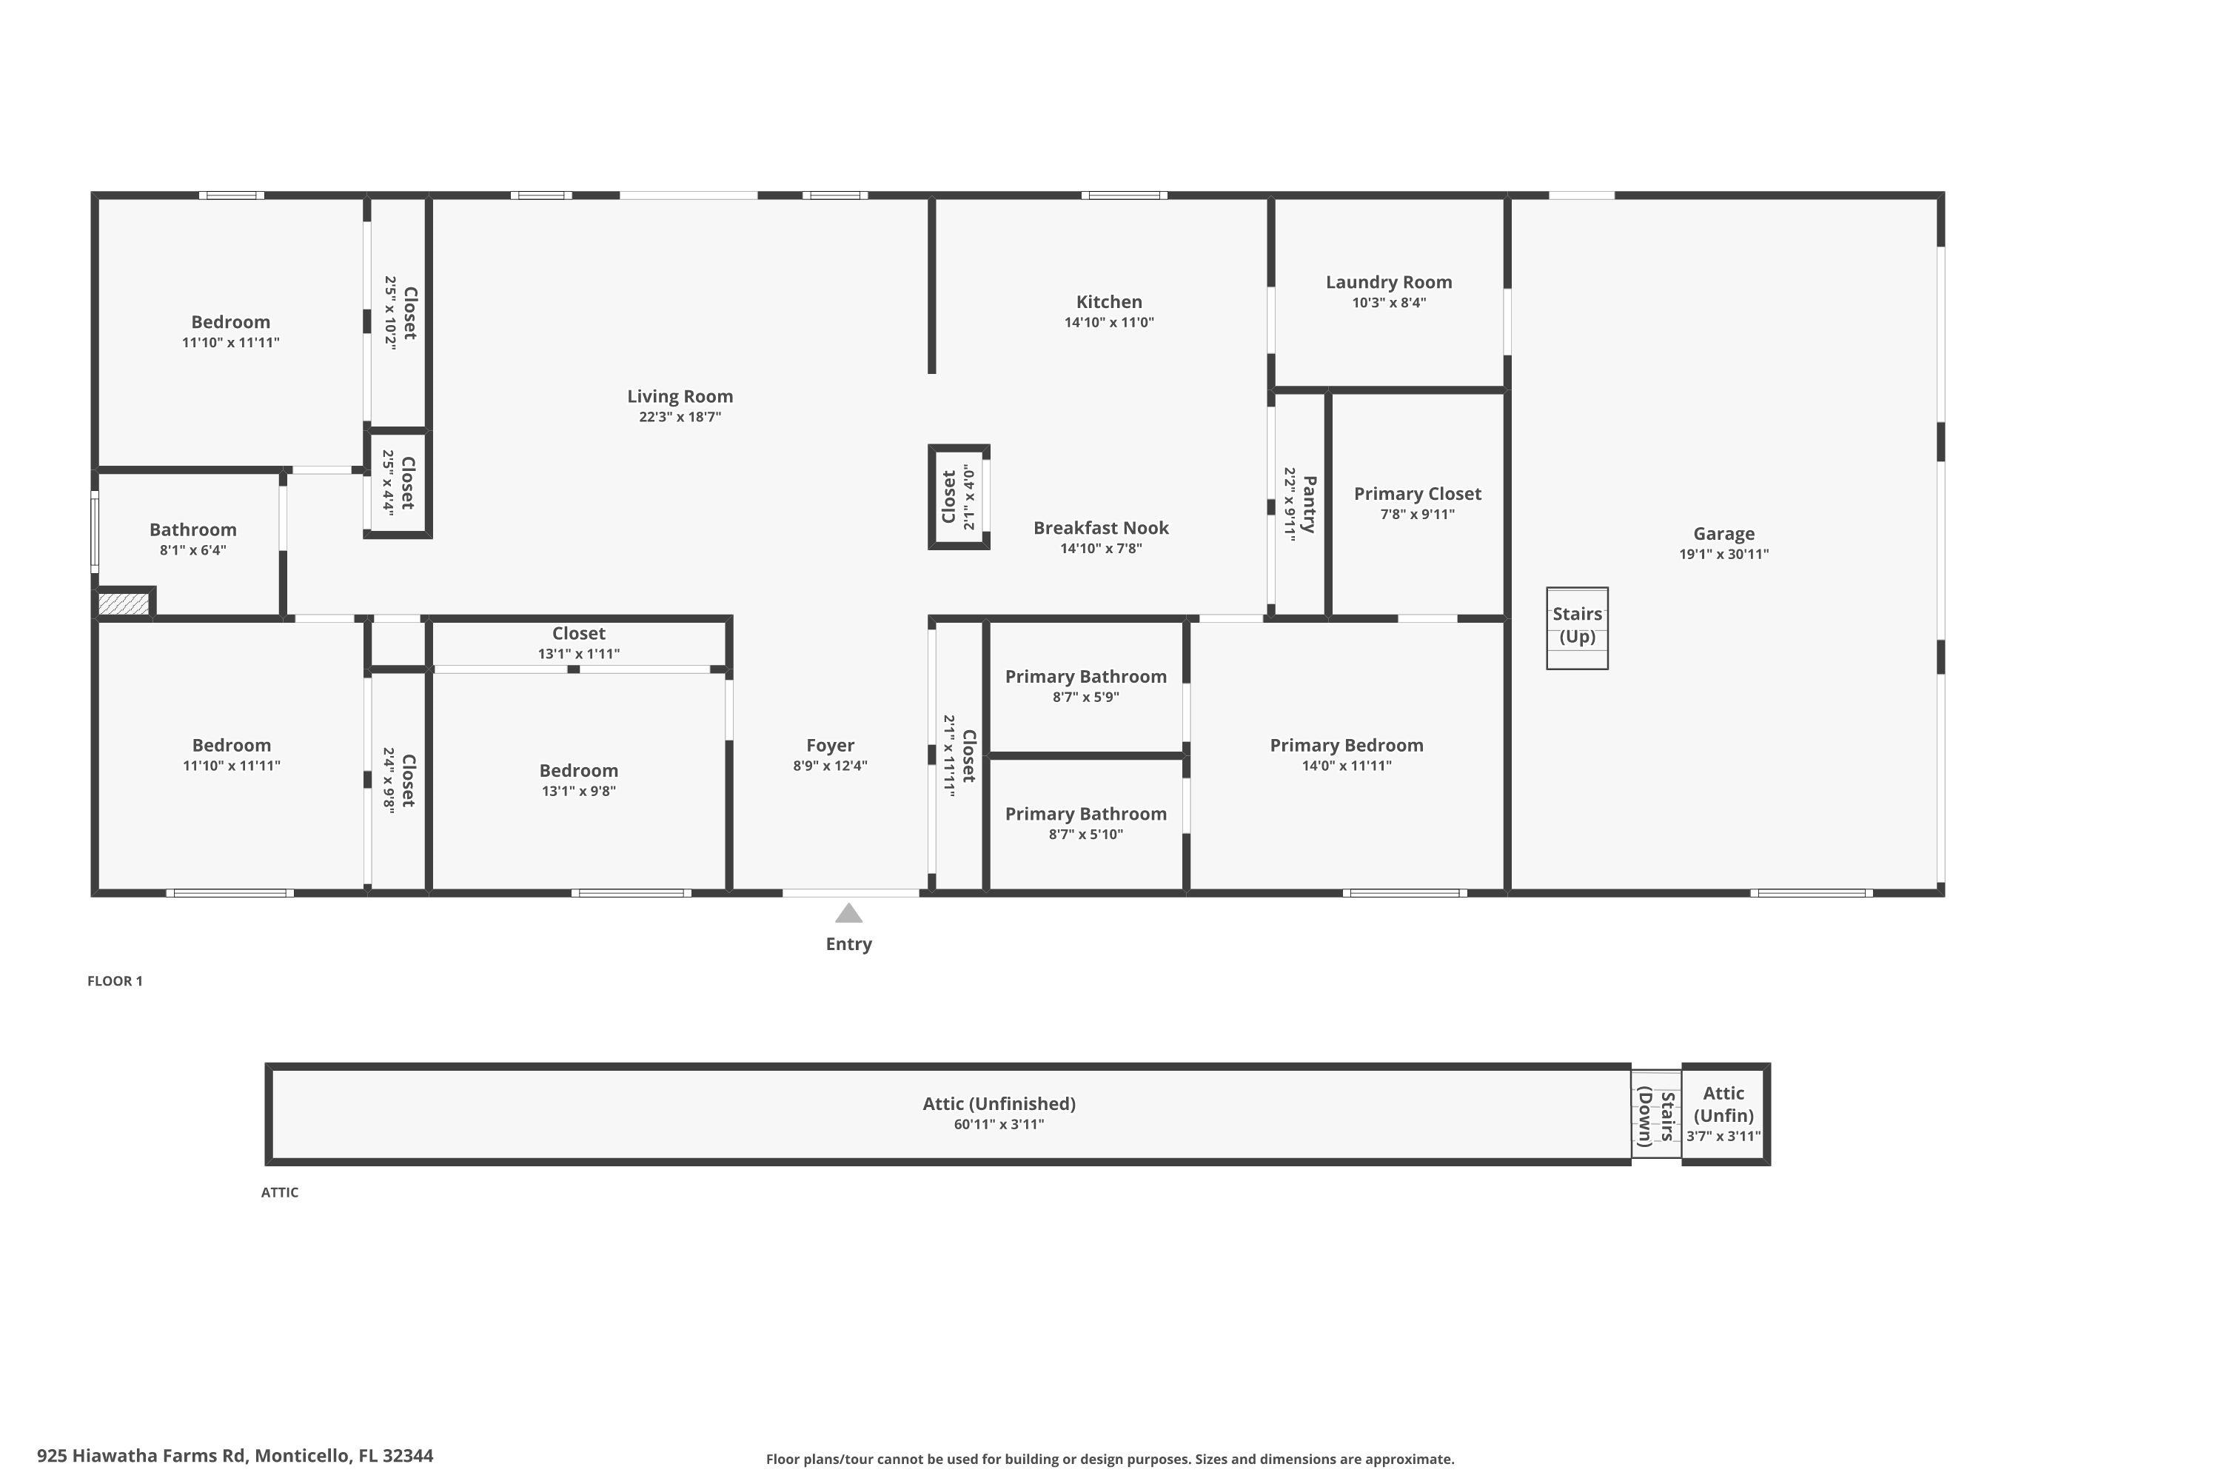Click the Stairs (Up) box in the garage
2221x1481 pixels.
pos(1576,628)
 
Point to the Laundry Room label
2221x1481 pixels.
pos(1388,282)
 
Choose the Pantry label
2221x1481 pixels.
pos(1309,504)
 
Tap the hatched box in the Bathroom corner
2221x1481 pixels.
pos(124,604)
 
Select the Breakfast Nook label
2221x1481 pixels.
pos(1100,528)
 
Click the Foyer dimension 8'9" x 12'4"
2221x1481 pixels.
pos(829,766)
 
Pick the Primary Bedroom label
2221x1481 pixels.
pos(1346,745)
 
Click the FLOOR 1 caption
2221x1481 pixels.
pos(115,980)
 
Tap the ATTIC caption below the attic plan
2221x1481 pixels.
pos(280,1192)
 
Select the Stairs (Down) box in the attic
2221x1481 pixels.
pos(1655,1114)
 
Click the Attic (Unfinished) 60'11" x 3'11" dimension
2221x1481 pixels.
pos(998,1124)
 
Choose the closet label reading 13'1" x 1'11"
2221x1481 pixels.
pos(578,654)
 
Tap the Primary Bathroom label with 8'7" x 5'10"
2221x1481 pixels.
pos(1085,814)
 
